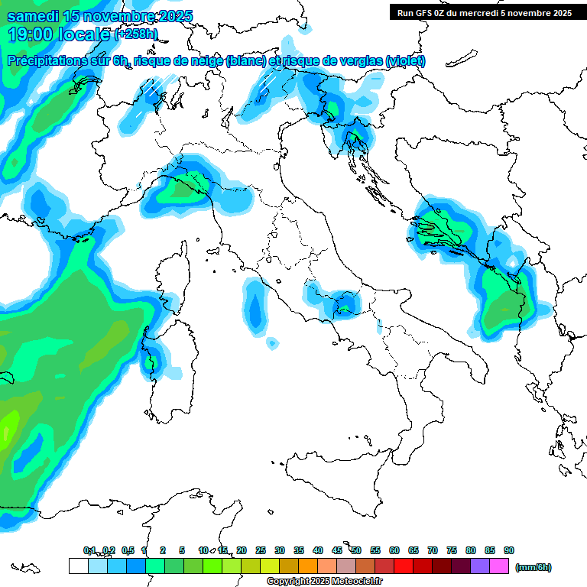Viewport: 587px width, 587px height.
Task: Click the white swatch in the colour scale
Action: click(78, 566)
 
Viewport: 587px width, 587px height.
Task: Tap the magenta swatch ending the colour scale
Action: click(499, 566)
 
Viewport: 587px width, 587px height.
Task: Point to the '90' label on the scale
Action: click(509, 550)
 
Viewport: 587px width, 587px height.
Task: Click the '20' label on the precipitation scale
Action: click(242, 550)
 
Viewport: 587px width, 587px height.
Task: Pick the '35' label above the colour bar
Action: click(299, 550)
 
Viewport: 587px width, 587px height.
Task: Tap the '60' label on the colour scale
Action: click(394, 550)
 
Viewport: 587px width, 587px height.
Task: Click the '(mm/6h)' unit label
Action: click(533, 567)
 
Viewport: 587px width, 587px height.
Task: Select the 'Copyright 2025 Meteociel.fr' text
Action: click(325, 581)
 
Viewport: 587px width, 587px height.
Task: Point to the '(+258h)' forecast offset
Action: click(135, 34)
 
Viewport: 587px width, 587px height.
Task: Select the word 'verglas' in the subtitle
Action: click(358, 61)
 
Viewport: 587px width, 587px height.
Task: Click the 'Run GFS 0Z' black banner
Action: click(482, 12)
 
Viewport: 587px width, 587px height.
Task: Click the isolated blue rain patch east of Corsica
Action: click(255, 306)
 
